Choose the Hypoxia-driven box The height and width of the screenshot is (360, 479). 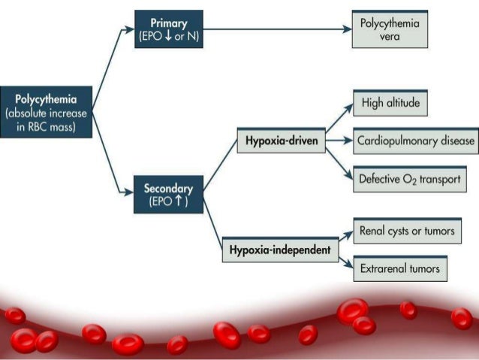pyautogui.click(x=281, y=141)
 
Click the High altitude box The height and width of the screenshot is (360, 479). pyautogui.click(x=390, y=103)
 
